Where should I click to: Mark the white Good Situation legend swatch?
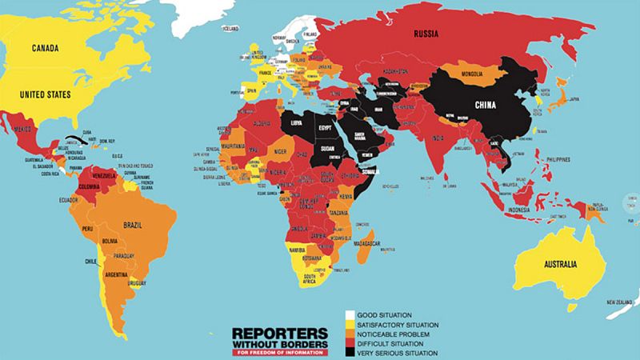(x=350, y=315)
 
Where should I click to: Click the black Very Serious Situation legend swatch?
(x=350, y=353)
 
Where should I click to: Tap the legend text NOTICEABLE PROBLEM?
(x=395, y=334)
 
